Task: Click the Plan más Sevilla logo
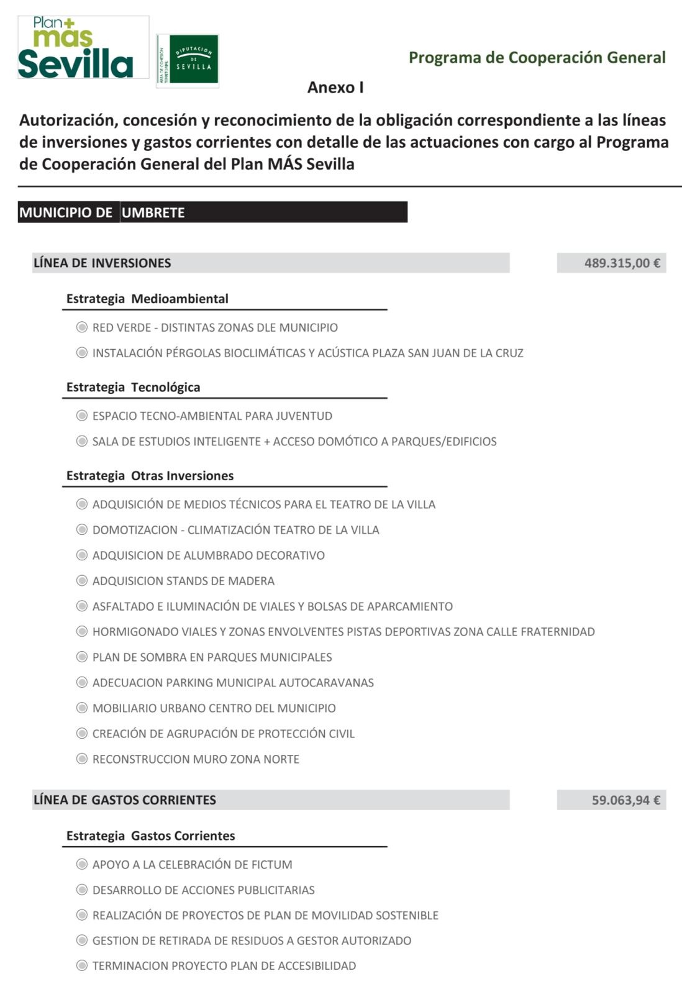pos(83,48)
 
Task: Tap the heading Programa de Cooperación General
pos(537,58)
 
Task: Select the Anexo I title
pos(335,88)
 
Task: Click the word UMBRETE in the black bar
pos(153,212)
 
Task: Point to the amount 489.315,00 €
pos(622,263)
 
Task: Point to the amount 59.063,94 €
pos(625,800)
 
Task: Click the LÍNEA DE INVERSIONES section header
pos(102,263)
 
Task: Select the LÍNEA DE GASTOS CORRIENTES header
pos(125,800)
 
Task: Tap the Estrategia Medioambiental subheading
pos(147,299)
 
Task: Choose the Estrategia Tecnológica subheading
pos(133,388)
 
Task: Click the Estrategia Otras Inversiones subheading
pos(150,476)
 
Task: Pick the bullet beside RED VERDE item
pos(81,327)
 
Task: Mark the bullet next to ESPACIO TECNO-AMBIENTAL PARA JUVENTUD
pos(81,416)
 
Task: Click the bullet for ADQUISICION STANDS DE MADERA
pos(81,581)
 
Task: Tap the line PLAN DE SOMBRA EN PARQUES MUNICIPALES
pos(212,657)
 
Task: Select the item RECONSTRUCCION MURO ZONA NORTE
pos(196,759)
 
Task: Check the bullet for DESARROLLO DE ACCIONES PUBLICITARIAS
pos(81,890)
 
